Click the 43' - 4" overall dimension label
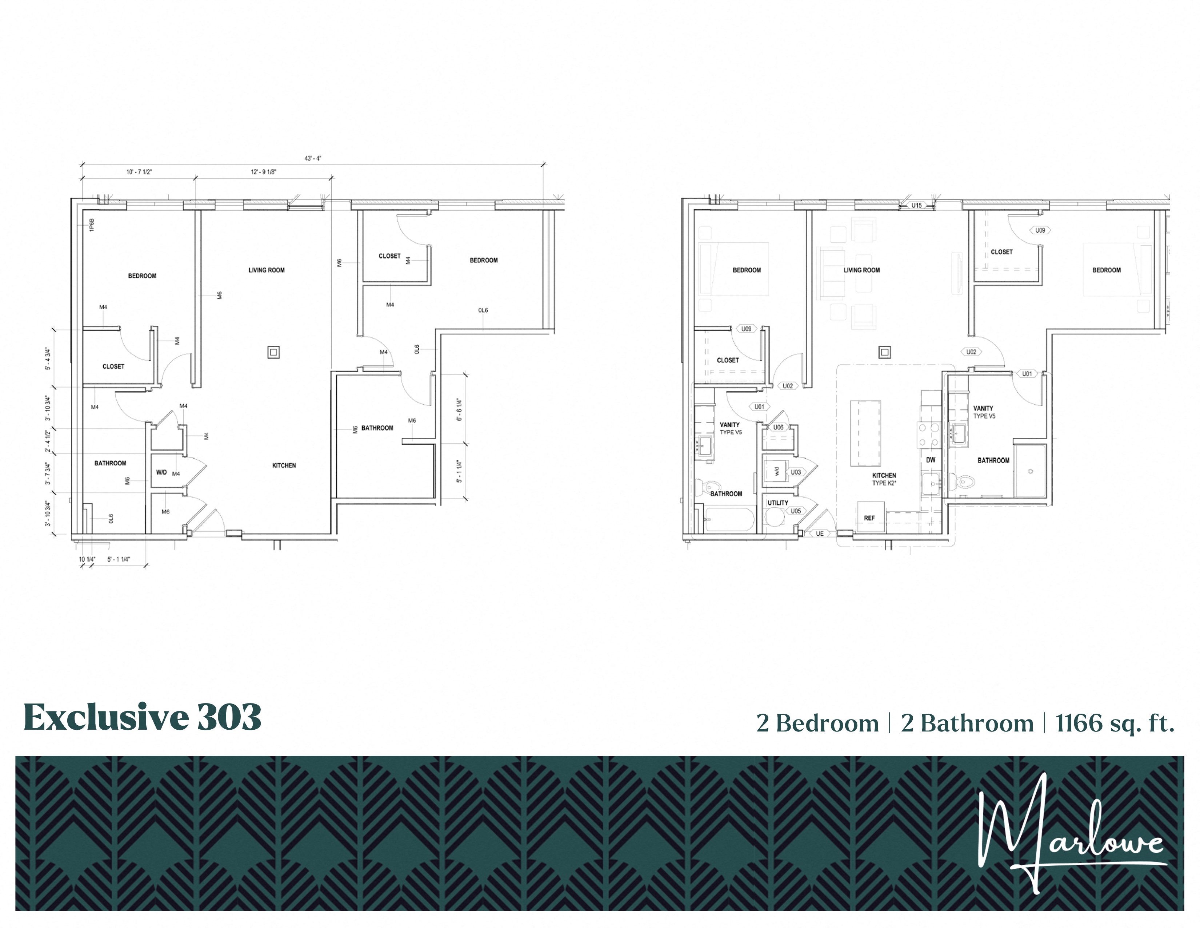coord(313,158)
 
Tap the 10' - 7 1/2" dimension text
coord(139,172)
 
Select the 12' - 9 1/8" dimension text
coord(264,172)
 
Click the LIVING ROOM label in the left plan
coord(267,270)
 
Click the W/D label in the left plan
coord(161,472)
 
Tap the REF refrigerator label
coord(869,518)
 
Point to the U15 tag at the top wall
coord(916,206)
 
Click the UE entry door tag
coord(820,533)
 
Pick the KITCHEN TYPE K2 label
coord(884,479)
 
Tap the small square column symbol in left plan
coord(273,352)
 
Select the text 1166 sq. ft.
coord(1115,723)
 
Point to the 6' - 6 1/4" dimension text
coord(459,410)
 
